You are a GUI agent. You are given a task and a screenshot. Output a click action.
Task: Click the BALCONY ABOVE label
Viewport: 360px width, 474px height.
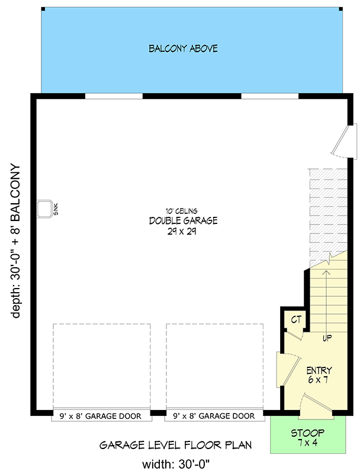tap(183, 49)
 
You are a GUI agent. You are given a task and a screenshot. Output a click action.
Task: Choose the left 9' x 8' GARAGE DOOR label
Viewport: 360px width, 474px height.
tap(100, 416)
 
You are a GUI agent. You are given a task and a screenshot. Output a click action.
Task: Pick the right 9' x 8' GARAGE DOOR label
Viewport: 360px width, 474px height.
tap(214, 416)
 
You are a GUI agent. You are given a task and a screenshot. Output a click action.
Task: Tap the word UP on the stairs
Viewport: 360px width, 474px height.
tap(326, 338)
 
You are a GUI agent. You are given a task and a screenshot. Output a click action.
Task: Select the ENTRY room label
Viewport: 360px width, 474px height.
tap(320, 370)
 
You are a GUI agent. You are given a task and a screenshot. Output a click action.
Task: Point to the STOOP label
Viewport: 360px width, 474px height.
tap(307, 433)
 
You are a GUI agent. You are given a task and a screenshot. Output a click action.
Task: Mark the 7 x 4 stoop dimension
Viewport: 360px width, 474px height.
tap(307, 443)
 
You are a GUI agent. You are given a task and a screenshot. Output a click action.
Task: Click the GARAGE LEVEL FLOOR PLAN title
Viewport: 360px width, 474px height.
tap(175, 444)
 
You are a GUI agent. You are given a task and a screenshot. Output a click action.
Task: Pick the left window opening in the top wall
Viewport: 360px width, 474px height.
tap(114, 96)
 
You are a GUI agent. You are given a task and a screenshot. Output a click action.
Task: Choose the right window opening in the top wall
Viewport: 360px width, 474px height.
tap(269, 96)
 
